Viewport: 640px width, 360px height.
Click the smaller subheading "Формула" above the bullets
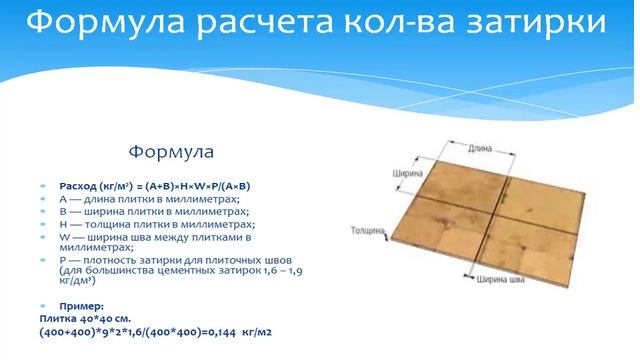[x=171, y=153]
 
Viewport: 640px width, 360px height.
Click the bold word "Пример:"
[x=81, y=305]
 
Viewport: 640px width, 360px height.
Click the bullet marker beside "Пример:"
[x=44, y=305]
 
